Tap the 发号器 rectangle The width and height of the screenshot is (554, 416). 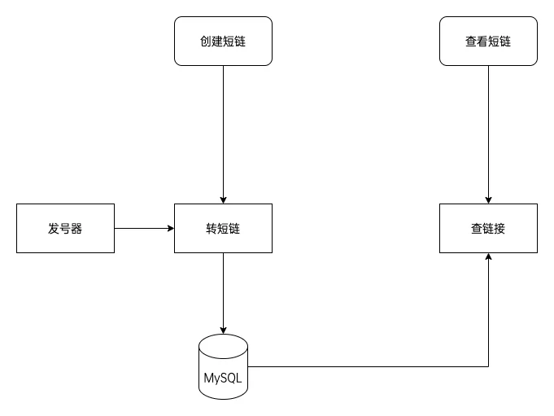point(65,228)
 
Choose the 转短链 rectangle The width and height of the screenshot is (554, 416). point(223,228)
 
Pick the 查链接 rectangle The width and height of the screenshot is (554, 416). point(488,228)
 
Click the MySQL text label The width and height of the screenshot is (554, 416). point(223,379)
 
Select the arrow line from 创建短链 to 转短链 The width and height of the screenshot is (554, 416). point(223,130)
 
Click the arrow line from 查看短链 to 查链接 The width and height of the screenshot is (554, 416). point(488,130)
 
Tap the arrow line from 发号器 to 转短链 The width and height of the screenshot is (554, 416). point(142,228)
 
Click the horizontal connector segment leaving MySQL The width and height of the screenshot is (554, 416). point(366,366)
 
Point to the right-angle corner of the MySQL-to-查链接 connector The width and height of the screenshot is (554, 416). point(488,366)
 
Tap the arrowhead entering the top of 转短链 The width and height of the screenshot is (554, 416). point(223,199)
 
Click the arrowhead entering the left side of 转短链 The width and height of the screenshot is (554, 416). point(170,228)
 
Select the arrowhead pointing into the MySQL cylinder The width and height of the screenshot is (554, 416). point(223,330)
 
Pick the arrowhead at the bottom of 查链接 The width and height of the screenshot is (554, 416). point(488,257)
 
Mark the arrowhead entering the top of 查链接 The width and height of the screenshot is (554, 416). point(488,199)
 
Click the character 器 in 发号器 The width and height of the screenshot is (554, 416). point(76,228)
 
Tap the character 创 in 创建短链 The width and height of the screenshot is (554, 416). point(206,41)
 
